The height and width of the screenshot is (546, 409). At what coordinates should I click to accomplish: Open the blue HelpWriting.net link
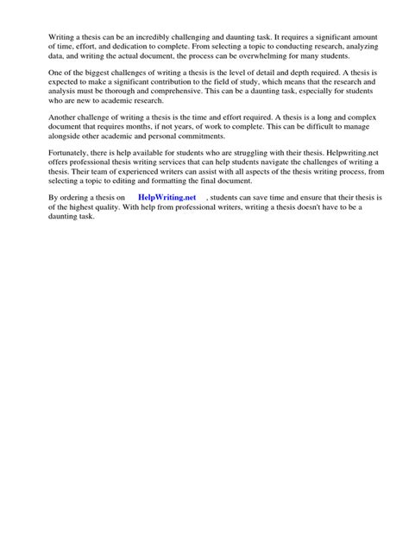pyautogui.click(x=167, y=199)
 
